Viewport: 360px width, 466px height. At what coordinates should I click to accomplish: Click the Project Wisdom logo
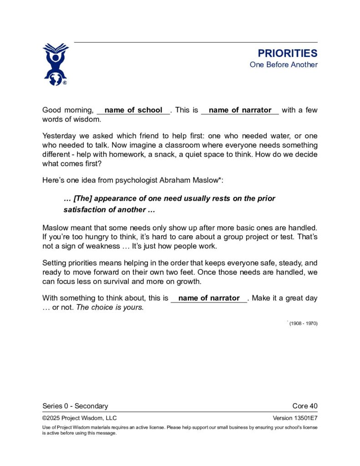(56, 64)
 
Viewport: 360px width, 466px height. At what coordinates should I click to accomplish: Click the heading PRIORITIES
(287, 53)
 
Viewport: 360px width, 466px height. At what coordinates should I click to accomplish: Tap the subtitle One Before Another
(283, 65)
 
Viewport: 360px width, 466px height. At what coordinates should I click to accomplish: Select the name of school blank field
(133, 110)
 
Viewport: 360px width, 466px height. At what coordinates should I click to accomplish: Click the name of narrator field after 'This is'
(240, 110)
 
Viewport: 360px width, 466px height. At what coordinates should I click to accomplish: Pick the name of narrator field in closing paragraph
(209, 299)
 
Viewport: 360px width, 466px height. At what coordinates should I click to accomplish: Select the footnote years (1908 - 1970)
(303, 324)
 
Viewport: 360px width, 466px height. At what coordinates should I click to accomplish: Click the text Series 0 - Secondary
(75, 406)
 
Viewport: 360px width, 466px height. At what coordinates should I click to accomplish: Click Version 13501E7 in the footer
(295, 418)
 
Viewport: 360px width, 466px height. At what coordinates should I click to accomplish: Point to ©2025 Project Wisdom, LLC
(80, 418)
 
